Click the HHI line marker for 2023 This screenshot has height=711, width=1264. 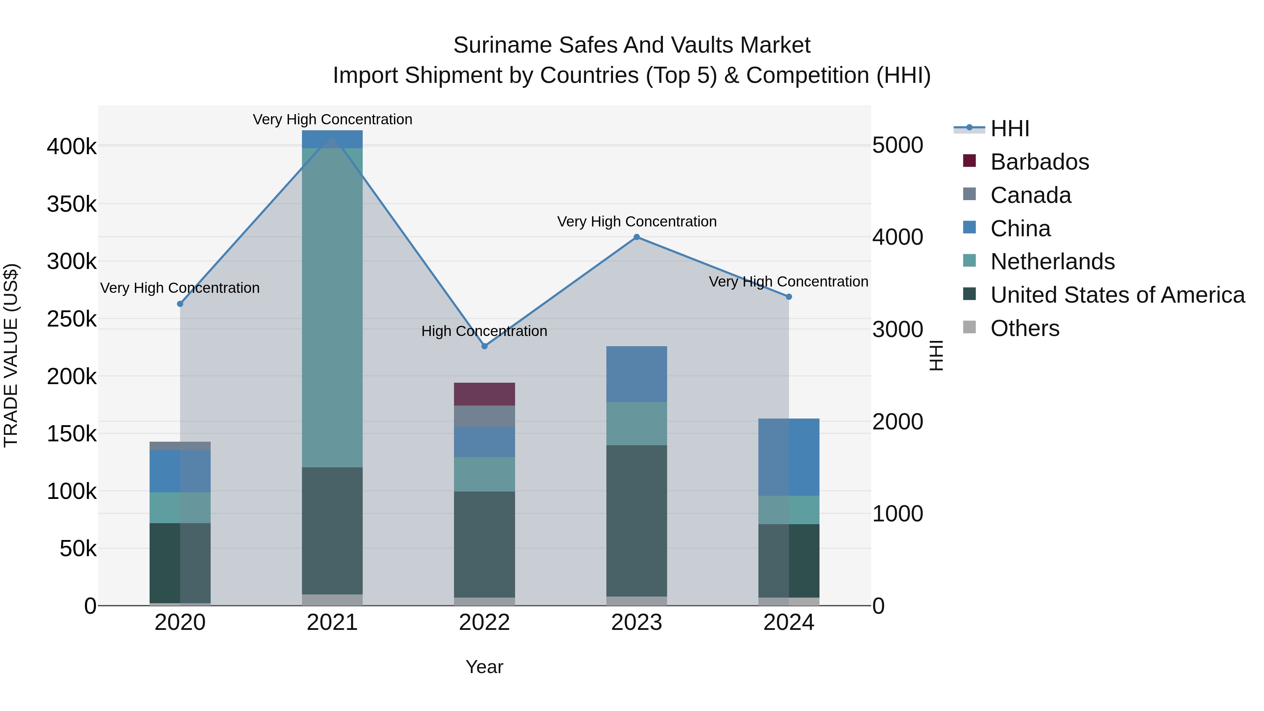(x=637, y=237)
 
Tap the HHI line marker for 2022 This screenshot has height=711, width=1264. (x=484, y=346)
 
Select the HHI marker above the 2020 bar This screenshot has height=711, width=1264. (x=180, y=304)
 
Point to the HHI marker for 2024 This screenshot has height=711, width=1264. (x=789, y=297)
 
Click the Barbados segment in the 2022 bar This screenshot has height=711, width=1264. (x=484, y=394)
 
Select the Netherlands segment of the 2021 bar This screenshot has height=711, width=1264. (x=332, y=307)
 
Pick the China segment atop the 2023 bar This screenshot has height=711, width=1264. (x=637, y=374)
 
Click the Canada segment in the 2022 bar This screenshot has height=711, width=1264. (x=484, y=416)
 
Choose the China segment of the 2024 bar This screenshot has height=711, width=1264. (x=789, y=457)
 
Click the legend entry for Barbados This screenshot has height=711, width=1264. (x=1039, y=162)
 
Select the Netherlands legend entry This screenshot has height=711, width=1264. (x=1052, y=262)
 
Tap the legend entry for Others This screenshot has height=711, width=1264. (x=1025, y=328)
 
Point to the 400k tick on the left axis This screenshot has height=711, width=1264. (x=72, y=146)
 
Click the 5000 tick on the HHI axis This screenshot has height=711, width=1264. (x=897, y=145)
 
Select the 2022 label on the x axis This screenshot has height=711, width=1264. (x=484, y=623)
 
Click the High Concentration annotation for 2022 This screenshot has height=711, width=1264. (x=484, y=331)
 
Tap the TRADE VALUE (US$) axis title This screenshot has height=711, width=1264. (x=11, y=355)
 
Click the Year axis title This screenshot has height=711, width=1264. (x=484, y=667)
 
